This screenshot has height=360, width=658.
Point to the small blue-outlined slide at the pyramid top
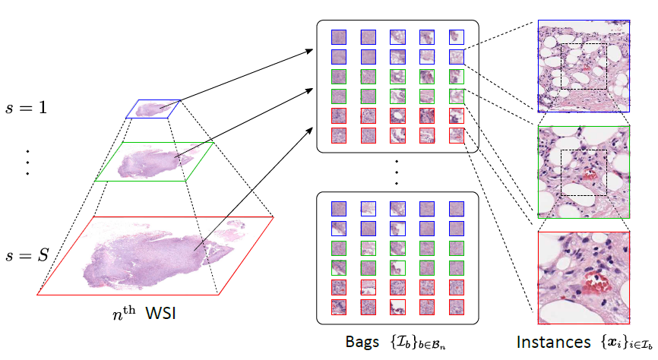tap(153, 109)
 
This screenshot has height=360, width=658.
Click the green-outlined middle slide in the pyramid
tap(155, 161)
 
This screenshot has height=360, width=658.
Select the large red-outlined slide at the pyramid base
tap(156, 254)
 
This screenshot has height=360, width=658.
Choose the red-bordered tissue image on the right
tap(584, 278)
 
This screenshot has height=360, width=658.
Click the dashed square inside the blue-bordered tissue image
tap(584, 66)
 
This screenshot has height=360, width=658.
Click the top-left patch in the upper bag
tap(338, 37)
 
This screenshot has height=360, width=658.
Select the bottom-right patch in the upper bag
tap(456, 135)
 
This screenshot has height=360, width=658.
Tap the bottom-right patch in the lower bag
tap(456, 306)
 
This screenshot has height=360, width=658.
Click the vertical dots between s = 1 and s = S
tap(27, 161)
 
